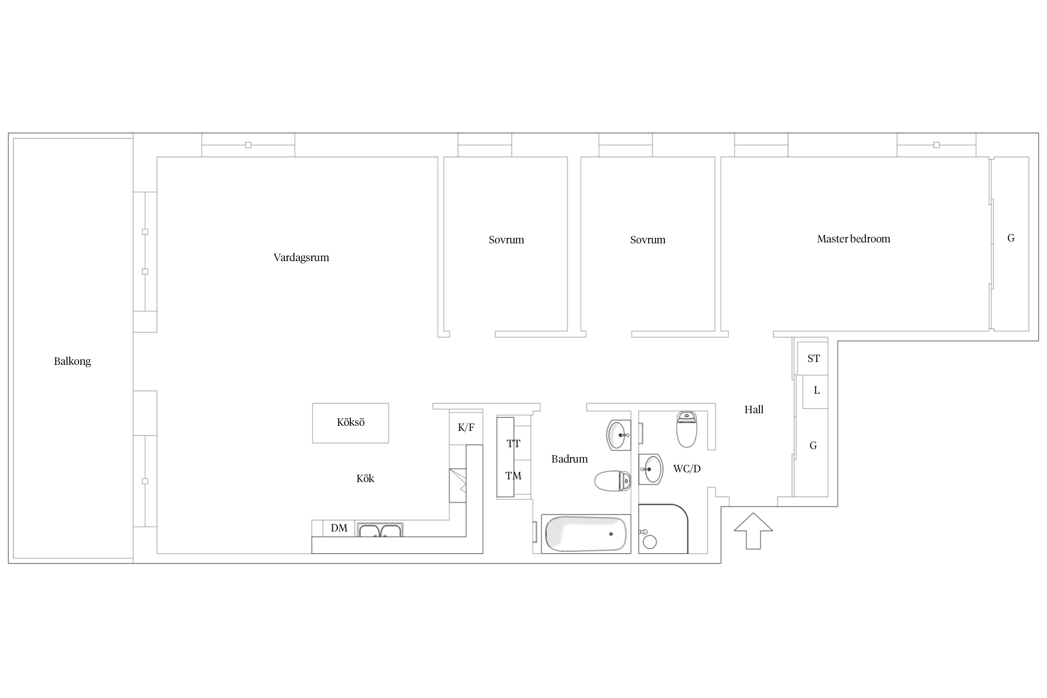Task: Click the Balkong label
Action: point(72,361)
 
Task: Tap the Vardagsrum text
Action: point(301,257)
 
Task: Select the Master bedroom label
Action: point(853,239)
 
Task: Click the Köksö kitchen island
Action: point(350,423)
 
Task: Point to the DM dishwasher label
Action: point(339,528)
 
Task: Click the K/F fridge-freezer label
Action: point(466,427)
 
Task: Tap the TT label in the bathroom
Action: point(513,443)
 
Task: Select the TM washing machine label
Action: point(513,476)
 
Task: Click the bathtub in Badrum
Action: point(586,534)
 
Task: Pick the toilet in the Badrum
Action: point(612,481)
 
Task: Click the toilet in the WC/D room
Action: point(686,429)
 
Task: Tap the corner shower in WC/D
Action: point(663,529)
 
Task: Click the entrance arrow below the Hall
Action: point(753,531)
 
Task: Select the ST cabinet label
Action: point(813,358)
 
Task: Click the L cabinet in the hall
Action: point(815,392)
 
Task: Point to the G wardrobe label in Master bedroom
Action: point(1011,238)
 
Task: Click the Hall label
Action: point(754,409)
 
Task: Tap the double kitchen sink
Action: point(380,530)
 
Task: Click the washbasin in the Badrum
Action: point(618,435)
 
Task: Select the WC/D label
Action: point(687,469)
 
